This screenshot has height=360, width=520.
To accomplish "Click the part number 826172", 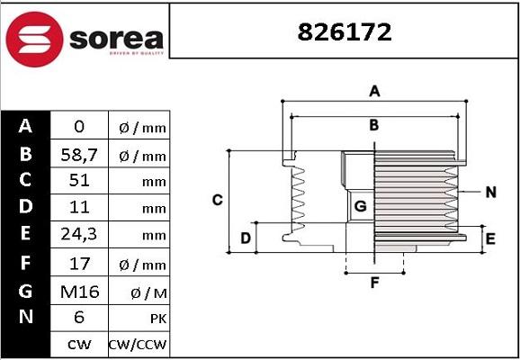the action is [345, 32].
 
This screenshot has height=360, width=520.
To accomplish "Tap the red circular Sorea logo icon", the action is [34, 40].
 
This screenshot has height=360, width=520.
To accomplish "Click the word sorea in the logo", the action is [116, 40].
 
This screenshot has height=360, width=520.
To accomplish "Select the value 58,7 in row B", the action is [79, 155].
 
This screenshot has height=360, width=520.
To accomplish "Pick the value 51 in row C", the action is [79, 181].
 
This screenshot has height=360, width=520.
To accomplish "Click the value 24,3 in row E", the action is [79, 234].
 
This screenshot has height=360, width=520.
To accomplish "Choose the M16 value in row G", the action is [79, 292].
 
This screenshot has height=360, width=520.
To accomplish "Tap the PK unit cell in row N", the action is [158, 319].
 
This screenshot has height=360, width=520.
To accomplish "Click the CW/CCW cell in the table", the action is [138, 345].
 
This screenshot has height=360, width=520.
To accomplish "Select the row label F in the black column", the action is [25, 264].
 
